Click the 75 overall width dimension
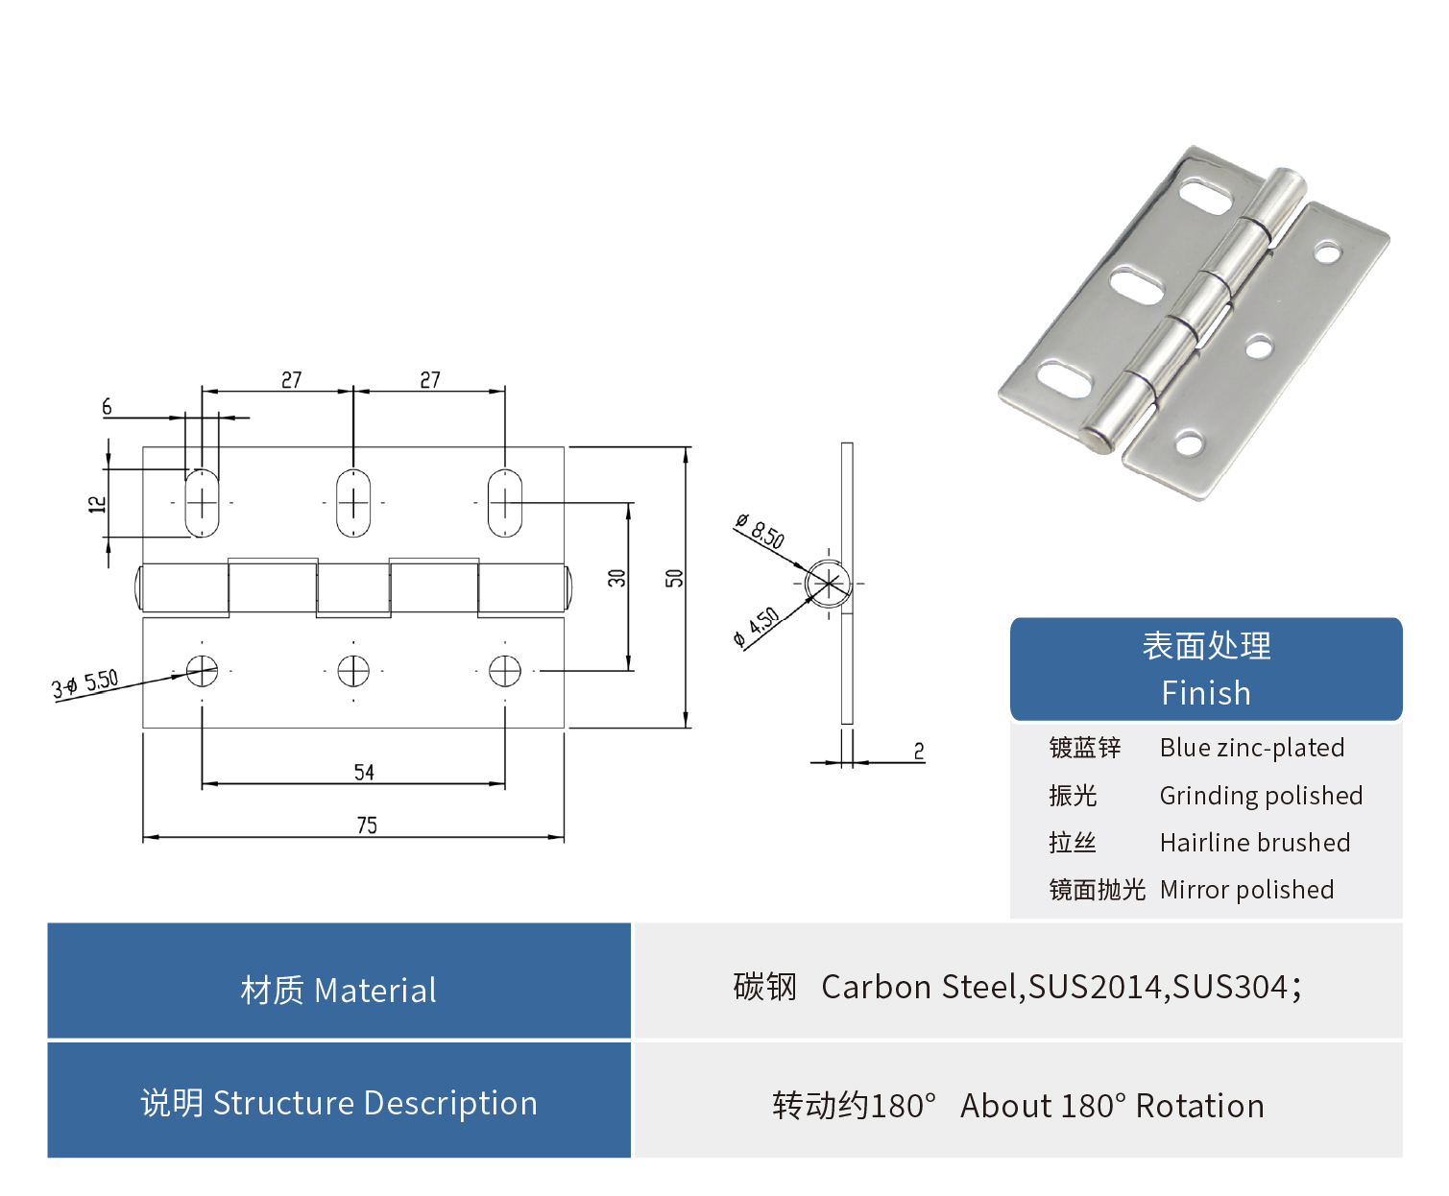click(367, 825)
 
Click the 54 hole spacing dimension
click(364, 773)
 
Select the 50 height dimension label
click(675, 578)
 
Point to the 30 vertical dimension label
click(616, 578)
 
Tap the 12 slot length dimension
click(97, 504)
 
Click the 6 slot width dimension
click(107, 407)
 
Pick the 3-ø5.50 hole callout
click(85, 684)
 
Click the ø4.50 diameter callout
click(757, 626)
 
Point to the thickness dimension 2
click(919, 751)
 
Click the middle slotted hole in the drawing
click(353, 502)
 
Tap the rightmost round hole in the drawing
click(505, 670)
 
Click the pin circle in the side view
click(828, 583)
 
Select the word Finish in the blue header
click(1206, 693)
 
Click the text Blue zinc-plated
click(1252, 748)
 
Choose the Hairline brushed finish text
click(1255, 843)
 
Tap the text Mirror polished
click(1246, 890)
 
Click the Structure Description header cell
click(339, 1102)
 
